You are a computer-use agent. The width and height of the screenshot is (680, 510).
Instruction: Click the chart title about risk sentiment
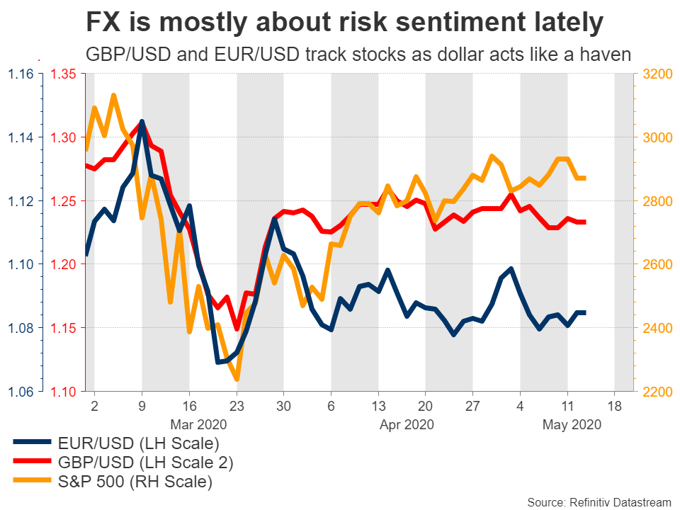[x=344, y=24]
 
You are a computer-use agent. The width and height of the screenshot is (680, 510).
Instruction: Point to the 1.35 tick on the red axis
[x=65, y=73]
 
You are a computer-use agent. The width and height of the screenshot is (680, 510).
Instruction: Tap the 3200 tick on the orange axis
[x=657, y=73]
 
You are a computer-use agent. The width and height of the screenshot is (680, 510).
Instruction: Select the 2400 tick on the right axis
[x=657, y=328]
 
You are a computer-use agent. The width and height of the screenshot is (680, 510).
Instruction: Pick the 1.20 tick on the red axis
[x=65, y=264]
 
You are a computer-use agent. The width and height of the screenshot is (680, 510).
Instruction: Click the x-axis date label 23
[x=236, y=407]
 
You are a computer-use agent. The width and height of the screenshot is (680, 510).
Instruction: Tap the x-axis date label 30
[x=283, y=407]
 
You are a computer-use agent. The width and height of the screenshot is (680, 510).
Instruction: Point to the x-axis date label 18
[x=615, y=407]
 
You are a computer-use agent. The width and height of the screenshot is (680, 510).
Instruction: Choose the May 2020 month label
[x=572, y=425]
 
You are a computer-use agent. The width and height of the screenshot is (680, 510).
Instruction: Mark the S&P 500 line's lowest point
[x=237, y=380]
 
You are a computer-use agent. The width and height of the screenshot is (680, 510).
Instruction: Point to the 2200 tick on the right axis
[x=657, y=391]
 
